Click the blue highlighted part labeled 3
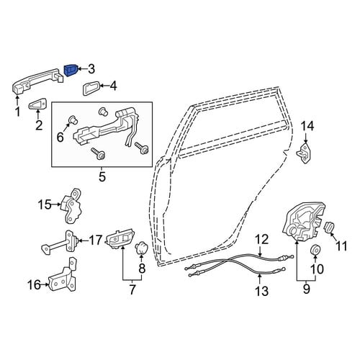pos(71,70)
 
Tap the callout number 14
pos(307,126)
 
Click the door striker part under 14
pos(304,153)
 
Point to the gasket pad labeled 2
pos(37,104)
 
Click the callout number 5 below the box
pos(102,177)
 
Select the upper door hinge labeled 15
pos(71,206)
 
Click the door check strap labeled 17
pos(60,243)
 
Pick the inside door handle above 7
pos(120,239)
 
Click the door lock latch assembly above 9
pos(304,221)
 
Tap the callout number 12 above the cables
pos(261,239)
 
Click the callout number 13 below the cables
pos(261,291)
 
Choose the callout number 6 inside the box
pos(60,138)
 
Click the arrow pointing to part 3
pos(83,70)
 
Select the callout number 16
pos(34,285)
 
